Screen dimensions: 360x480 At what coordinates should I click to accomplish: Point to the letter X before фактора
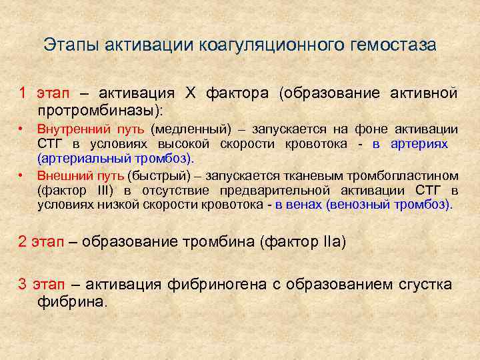click(190, 92)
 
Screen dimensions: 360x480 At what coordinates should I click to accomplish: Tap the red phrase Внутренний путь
click(91, 129)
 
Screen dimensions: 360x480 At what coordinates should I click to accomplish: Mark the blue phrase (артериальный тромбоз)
click(115, 159)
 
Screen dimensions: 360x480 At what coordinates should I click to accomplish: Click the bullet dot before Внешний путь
click(21, 175)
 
